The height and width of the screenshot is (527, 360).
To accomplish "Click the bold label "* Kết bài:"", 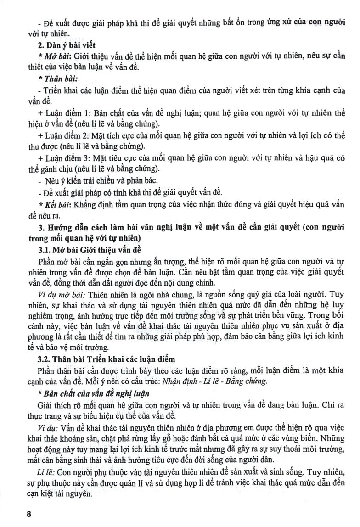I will pos(57,203).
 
